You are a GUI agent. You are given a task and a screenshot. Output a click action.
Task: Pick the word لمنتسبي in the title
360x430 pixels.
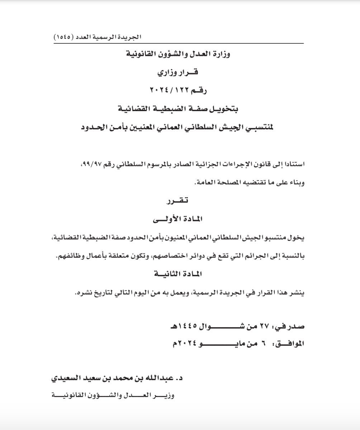(259, 127)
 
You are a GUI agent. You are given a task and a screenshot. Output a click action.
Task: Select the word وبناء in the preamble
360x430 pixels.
(296, 183)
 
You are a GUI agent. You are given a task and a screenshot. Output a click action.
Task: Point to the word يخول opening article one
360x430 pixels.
(298, 238)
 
